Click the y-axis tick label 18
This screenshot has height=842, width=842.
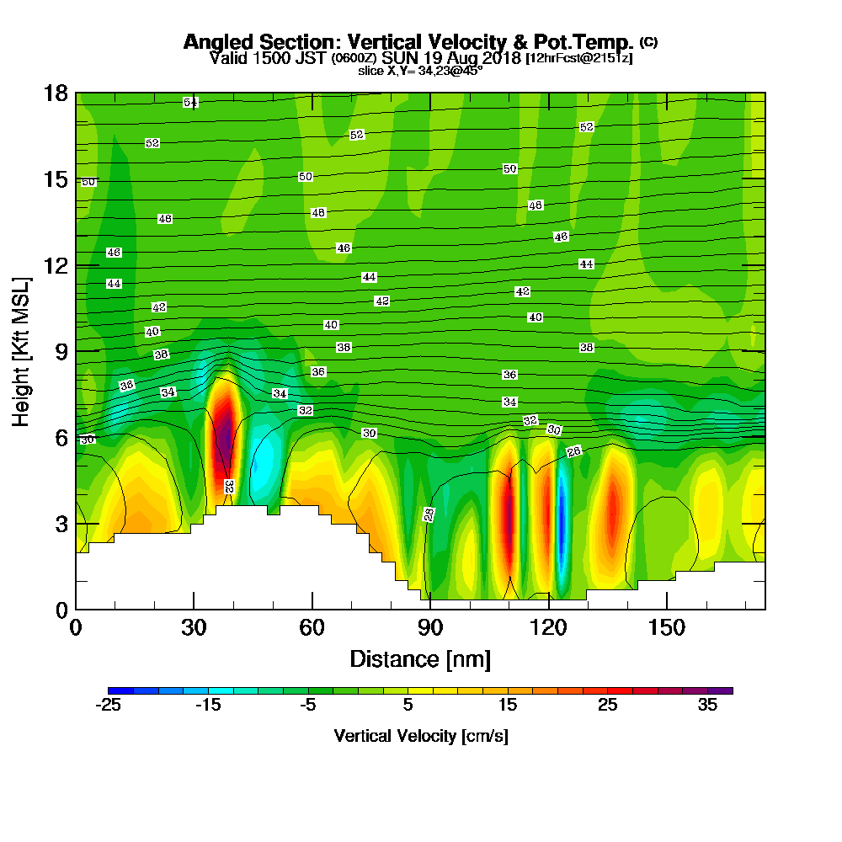pos(56,93)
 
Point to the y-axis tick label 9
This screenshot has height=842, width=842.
pos(61,351)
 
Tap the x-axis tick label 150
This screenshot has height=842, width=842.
pos(666,627)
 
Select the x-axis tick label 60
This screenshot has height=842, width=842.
pos(312,627)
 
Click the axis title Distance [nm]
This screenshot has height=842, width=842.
pos(420,658)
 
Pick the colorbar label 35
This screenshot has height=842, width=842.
pos(707,706)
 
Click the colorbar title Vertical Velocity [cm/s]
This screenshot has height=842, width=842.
pos(421,736)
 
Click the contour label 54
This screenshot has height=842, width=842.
pos(191,103)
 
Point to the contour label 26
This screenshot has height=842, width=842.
pos(574,452)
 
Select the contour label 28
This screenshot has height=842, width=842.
pos(429,514)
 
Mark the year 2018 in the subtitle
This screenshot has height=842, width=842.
pos(495,58)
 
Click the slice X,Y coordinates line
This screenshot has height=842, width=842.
pos(420,71)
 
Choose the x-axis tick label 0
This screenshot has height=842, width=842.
pos(76,627)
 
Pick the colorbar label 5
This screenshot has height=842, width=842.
pos(408,706)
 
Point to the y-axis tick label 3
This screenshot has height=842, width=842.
pos(61,523)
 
